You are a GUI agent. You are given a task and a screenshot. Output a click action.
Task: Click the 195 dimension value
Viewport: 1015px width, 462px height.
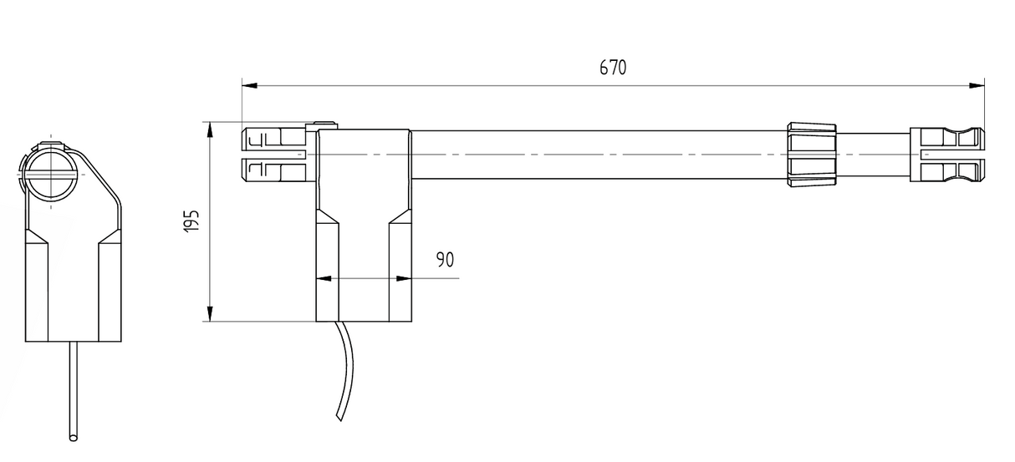pos(191,221)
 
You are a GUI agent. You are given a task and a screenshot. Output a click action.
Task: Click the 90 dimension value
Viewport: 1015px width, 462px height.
pos(445,259)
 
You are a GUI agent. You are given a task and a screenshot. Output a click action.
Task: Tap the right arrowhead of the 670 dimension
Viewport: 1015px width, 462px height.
pos(977,84)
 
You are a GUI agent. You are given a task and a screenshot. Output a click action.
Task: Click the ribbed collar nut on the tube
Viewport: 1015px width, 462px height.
pos(811,154)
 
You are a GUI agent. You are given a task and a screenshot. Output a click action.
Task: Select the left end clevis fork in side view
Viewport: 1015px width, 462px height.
pos(273,155)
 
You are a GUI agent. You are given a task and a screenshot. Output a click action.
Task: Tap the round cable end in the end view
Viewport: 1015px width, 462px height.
pos(74,437)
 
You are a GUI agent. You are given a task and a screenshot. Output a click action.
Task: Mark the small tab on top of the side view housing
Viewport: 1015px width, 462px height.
pos(327,125)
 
